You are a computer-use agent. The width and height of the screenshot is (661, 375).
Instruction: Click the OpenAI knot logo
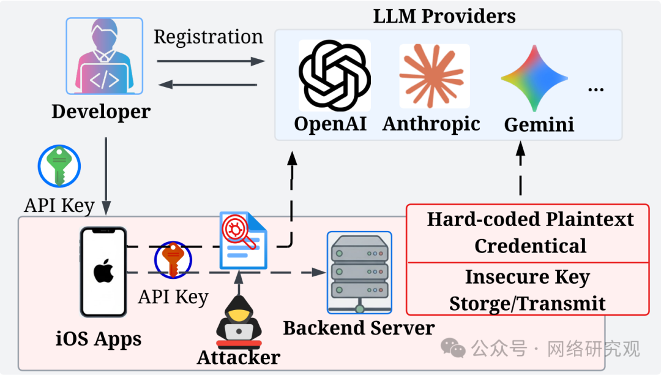(x=335, y=75)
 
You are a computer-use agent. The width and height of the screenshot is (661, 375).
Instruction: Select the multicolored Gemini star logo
(x=534, y=78)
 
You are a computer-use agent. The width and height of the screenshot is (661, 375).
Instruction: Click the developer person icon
(x=105, y=56)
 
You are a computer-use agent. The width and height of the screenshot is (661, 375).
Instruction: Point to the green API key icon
(x=59, y=166)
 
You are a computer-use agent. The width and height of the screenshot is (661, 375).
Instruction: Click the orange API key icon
(x=173, y=259)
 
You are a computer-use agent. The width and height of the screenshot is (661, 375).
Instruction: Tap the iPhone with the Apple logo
(x=103, y=272)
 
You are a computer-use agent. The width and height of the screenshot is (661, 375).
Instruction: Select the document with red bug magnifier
(x=243, y=240)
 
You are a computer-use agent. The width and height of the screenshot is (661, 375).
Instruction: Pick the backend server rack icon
(x=360, y=273)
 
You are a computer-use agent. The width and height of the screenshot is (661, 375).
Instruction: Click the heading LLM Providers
(x=444, y=16)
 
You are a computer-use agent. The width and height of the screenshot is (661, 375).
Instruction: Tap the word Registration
(x=208, y=37)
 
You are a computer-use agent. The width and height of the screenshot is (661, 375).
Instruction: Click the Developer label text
(x=101, y=112)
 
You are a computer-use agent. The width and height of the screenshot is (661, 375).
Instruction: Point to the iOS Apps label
(x=99, y=339)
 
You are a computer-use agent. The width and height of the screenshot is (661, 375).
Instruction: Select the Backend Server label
(x=359, y=328)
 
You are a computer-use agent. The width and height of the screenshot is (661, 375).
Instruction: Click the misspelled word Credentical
(x=530, y=246)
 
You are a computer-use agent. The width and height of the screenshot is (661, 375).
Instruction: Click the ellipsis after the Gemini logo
(x=596, y=89)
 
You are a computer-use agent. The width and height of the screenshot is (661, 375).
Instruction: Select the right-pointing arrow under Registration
(x=211, y=61)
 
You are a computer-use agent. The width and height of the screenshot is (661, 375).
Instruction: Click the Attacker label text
(x=239, y=358)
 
